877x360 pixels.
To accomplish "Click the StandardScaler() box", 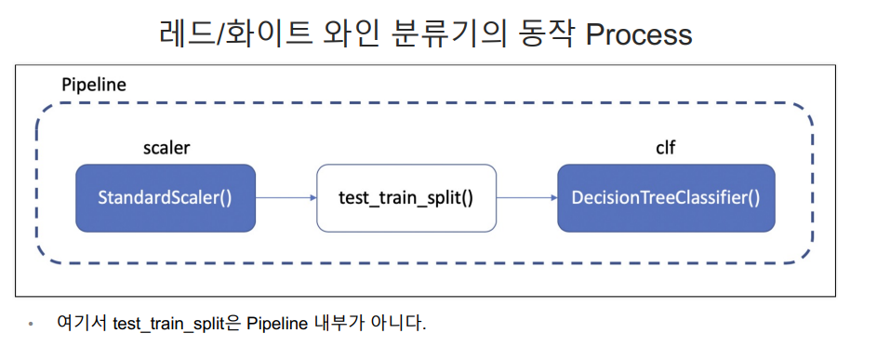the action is [x=166, y=198].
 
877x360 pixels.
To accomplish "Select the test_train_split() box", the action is [x=406, y=198].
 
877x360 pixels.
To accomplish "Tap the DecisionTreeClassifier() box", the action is [x=666, y=198].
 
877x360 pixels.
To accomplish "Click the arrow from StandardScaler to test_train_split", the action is [x=286, y=197].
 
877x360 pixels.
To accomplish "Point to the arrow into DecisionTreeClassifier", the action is [x=527, y=197].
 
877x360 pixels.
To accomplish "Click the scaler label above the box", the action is [x=166, y=148].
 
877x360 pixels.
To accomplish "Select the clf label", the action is [x=665, y=148].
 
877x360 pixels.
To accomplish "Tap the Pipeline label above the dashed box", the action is [x=94, y=85].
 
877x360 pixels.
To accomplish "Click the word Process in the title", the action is [x=639, y=34].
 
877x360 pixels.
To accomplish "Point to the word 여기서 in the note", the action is [x=82, y=323].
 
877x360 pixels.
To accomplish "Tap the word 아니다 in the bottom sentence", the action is [x=402, y=323].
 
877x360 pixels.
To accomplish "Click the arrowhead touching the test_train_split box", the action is [x=312, y=197].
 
